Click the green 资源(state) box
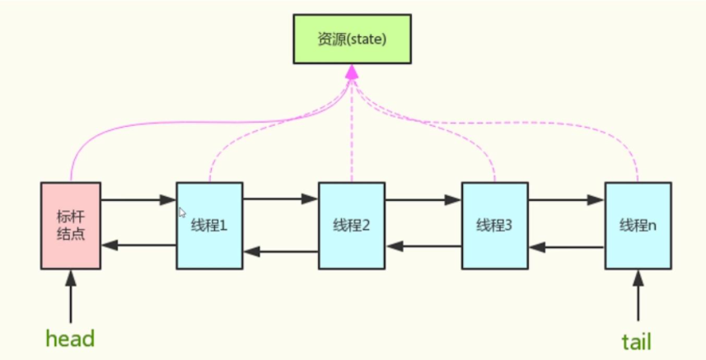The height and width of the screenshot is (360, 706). point(352,38)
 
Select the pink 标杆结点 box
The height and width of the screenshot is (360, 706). point(70,225)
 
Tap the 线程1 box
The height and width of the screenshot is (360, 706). point(209,225)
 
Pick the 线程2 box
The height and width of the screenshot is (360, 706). point(352,225)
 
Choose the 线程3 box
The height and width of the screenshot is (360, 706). point(494,225)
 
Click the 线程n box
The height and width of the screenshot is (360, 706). point(638,225)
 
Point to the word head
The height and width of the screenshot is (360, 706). point(70,338)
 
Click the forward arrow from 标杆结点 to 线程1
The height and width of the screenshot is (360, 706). point(138,199)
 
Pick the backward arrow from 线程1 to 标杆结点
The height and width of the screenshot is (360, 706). point(138,245)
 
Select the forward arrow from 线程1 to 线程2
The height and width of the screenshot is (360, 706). point(281,199)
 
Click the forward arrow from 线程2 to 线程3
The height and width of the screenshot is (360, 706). point(423,199)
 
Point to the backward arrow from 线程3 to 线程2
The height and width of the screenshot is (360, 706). point(423,245)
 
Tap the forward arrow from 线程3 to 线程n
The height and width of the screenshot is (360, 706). point(567,199)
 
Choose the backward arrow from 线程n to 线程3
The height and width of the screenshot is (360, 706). point(567,245)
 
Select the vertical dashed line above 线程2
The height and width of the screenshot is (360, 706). point(352,132)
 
